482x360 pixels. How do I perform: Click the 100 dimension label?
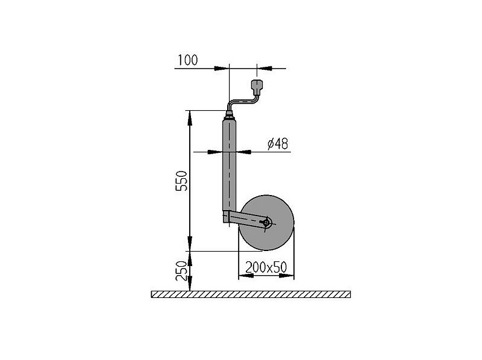pos(188,60)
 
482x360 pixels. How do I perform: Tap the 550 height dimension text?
pos(181,181)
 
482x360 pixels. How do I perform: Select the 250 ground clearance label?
pos(181,271)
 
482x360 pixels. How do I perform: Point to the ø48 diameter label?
pos(278,144)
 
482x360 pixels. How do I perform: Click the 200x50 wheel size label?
pos(266,267)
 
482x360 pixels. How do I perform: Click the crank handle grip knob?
pos(257,87)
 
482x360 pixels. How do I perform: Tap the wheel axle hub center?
pos(266,222)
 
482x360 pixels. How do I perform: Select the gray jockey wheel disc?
pos(266,223)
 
